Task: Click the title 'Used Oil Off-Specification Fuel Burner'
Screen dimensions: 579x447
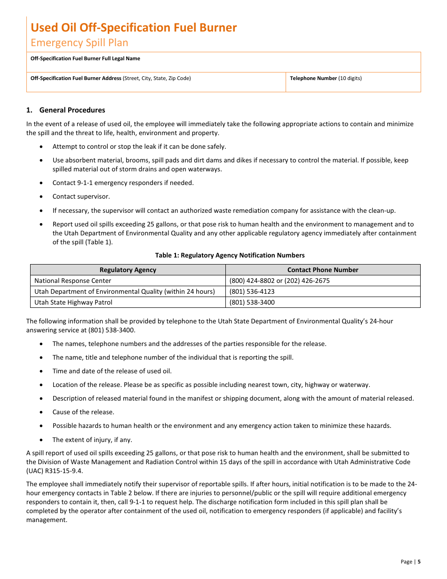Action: click(134, 28)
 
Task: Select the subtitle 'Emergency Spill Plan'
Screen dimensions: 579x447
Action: click(79, 43)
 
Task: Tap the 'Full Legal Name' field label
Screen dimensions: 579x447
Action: click(85, 59)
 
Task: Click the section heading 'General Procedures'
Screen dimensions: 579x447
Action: click(72, 110)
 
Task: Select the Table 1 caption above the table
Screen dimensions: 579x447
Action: click(230, 256)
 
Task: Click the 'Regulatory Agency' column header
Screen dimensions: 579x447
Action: click(128, 270)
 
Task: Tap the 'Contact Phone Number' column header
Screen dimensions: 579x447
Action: click(322, 270)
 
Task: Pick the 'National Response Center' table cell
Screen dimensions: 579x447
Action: click(73, 281)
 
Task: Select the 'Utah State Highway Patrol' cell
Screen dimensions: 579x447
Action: click(73, 303)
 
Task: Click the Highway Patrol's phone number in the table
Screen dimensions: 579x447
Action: click(252, 303)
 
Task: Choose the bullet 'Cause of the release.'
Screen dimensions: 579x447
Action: click(83, 412)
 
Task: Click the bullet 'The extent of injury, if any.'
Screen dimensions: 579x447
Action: click(92, 440)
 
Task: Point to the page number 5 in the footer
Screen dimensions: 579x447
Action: click(419, 562)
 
